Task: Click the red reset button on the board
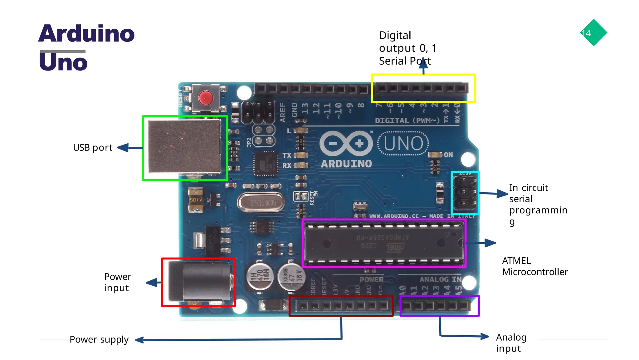[206, 98]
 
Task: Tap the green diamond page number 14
[593, 33]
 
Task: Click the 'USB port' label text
[93, 148]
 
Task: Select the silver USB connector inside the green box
[185, 147]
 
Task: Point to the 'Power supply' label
[99, 339]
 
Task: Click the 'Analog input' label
[511, 343]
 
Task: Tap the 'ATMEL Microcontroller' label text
[535, 266]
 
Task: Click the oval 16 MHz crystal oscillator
[261, 203]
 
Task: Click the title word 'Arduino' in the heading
[86, 33]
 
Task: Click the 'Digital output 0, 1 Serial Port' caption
[407, 48]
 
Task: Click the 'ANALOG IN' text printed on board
[440, 279]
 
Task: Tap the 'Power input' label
[117, 282]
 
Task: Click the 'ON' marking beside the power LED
[448, 155]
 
